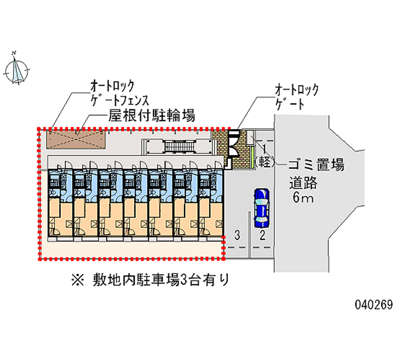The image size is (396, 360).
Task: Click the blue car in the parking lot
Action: [260, 206]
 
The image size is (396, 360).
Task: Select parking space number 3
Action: [238, 234]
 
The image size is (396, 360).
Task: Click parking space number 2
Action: [262, 234]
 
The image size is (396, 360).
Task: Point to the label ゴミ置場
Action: [316, 165]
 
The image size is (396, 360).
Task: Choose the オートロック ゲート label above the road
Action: [297, 97]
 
